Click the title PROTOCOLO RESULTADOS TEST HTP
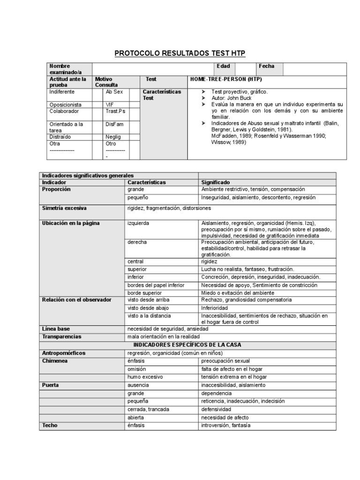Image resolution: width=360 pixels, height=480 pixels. coord(180,53)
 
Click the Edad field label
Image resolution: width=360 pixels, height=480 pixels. coord(223,66)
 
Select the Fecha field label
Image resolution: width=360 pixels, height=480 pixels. coord(267,66)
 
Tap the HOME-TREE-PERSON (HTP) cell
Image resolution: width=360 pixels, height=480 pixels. coord(225,80)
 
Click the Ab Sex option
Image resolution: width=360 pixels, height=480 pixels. coord(114,92)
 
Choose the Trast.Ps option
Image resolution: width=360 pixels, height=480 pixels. coord(115,112)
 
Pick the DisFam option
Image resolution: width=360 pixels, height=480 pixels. coord(114,124)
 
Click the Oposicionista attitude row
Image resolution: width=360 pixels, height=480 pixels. coord(66,105)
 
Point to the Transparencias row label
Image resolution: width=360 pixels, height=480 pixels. coord(62,337)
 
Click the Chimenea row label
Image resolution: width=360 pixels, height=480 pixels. coord(54,361)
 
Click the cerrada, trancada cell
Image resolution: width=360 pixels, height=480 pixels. coord(148,409)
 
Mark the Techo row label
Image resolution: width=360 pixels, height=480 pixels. coord(50,425)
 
